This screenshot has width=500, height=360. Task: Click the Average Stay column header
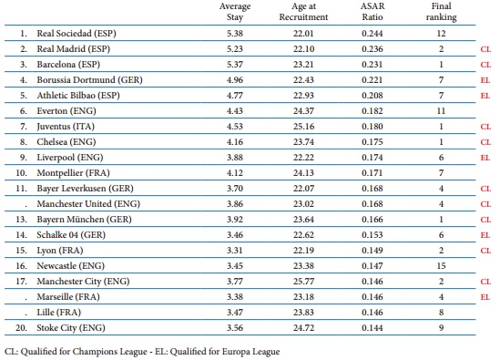click(x=235, y=12)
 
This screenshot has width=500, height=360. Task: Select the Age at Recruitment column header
click(x=303, y=12)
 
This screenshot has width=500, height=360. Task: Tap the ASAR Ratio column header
click(x=372, y=12)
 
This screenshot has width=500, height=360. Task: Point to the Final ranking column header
click(x=441, y=12)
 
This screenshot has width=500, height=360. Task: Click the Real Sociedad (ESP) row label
click(x=77, y=34)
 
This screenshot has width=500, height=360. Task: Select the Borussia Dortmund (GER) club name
click(x=89, y=80)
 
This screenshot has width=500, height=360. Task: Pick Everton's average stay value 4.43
click(x=235, y=111)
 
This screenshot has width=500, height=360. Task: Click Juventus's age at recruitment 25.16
click(x=303, y=127)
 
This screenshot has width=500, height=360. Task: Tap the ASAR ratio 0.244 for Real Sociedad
click(x=372, y=34)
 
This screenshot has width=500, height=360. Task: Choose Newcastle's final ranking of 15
click(x=441, y=266)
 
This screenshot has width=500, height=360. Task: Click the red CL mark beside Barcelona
click(x=485, y=65)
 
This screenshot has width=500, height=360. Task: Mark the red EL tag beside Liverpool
click(x=485, y=158)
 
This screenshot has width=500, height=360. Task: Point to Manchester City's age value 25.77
click(x=303, y=282)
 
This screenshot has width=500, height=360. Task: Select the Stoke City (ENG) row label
click(x=71, y=328)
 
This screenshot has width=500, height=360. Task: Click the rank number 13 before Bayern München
click(x=21, y=220)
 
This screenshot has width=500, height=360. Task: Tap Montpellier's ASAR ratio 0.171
click(x=372, y=173)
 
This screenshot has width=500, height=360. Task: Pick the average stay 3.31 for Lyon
click(x=235, y=251)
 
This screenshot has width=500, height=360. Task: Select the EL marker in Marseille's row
click(x=485, y=297)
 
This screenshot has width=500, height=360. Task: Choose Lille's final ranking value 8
click(x=441, y=313)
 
